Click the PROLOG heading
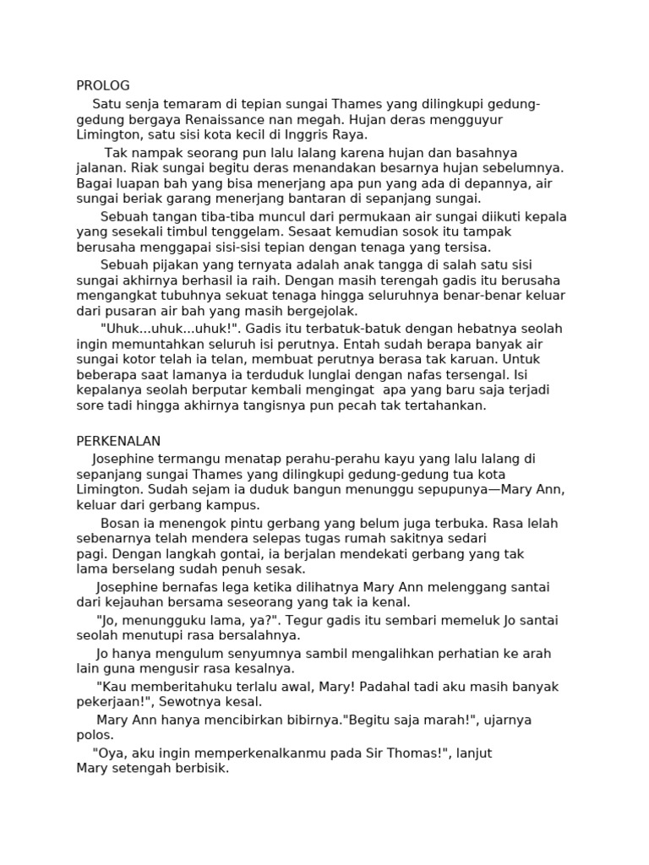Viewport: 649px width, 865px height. [x=103, y=85]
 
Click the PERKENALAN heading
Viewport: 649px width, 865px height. [x=118, y=441]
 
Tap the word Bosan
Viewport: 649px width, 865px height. [x=118, y=523]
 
